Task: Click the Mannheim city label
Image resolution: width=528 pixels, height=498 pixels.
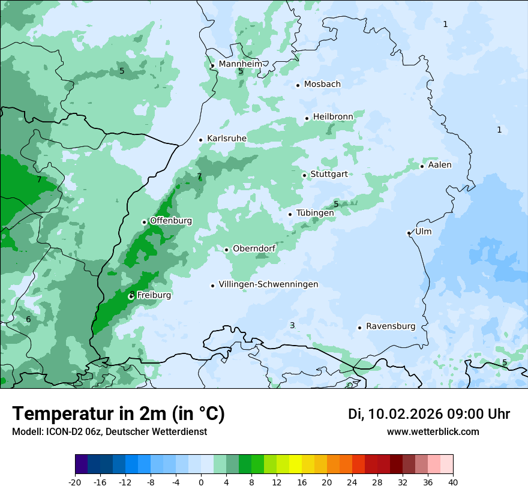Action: click(240, 64)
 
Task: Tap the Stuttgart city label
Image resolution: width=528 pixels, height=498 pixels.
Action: click(329, 174)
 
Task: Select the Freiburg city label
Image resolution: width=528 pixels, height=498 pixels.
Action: click(154, 295)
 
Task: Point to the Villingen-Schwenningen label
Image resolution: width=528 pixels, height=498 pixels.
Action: click(268, 284)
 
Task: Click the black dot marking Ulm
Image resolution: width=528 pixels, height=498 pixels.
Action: click(409, 233)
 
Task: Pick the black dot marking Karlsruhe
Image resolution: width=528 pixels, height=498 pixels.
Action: click(200, 140)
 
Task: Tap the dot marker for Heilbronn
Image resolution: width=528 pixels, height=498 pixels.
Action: click(307, 118)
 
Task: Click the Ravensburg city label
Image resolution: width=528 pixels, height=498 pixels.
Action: click(391, 326)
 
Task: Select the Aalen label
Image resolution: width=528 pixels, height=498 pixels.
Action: click(440, 165)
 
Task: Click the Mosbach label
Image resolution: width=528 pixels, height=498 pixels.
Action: click(322, 84)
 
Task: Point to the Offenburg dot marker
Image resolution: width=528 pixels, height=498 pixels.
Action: click(144, 222)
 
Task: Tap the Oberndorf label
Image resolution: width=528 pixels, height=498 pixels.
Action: click(254, 248)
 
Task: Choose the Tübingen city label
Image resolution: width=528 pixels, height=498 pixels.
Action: click(315, 213)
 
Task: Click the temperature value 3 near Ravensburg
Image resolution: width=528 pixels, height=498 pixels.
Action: click(292, 325)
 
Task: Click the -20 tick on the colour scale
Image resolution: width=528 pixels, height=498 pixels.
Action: click(75, 482)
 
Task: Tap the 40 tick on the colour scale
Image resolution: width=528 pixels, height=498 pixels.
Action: click(453, 482)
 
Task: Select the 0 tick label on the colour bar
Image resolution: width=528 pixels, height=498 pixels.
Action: click(201, 482)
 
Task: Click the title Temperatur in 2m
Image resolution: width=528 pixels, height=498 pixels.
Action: click(118, 414)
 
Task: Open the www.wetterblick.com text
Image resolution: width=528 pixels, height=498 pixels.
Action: click(433, 432)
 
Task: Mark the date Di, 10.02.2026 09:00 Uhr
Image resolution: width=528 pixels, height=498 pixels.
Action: click(429, 414)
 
